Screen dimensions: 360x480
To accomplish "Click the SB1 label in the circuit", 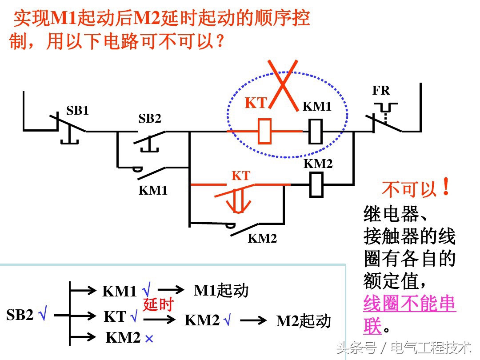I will click(x=77, y=111).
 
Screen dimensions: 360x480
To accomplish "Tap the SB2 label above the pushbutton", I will click(x=150, y=119).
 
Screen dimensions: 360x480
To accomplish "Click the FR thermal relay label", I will click(x=381, y=91).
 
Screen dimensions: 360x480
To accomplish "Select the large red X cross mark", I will click(x=283, y=84).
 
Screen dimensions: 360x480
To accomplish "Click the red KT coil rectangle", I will click(x=265, y=131).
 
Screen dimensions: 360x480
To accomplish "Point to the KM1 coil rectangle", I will click(x=315, y=131).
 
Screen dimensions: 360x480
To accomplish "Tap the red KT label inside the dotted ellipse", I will click(x=256, y=103).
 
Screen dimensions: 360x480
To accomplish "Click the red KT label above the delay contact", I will click(x=241, y=176).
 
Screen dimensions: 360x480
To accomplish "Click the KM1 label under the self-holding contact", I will click(x=153, y=190).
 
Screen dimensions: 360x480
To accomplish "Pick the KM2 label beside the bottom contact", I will click(x=262, y=238).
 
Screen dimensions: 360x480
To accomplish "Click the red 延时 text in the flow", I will click(x=157, y=305).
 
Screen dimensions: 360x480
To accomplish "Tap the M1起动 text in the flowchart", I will click(x=221, y=291).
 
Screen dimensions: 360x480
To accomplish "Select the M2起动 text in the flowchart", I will click(x=304, y=321).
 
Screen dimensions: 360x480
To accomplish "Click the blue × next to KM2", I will click(x=149, y=339).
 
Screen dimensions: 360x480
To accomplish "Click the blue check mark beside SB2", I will click(x=43, y=316).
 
